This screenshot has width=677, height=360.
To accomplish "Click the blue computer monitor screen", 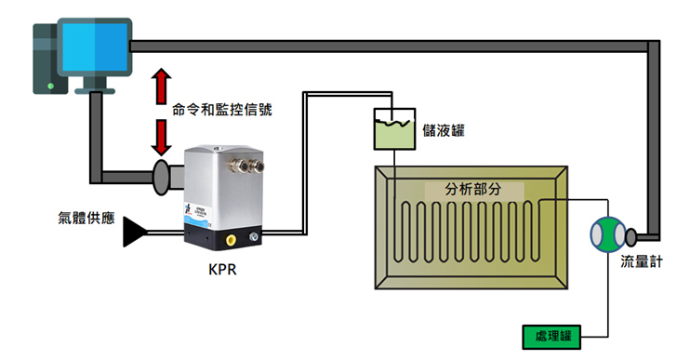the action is (95, 47).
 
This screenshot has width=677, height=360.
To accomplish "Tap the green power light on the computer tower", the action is (50, 87).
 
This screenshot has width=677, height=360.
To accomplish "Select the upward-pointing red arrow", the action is (161, 86).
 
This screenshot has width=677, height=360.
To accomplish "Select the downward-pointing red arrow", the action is (161, 138).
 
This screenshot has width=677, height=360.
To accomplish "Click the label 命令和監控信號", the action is (222, 110).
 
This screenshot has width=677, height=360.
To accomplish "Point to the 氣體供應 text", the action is (86, 218).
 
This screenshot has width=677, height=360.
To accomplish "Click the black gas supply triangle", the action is (134, 232).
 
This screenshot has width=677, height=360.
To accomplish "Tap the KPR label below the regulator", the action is (222, 270).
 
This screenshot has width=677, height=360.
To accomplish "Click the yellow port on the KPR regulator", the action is (231, 239).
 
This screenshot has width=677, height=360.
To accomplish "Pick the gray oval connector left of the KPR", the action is (161, 177).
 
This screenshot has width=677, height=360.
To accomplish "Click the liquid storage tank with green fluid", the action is (394, 129).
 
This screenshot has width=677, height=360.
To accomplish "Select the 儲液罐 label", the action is (444, 130).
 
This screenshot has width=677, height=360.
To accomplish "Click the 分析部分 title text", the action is (473, 189).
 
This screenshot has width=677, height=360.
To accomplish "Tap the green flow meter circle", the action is (608, 234).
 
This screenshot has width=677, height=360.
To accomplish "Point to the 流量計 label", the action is (641, 261).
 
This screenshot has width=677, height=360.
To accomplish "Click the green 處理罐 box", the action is (551, 337).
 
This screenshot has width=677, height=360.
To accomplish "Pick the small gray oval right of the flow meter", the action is (631, 236).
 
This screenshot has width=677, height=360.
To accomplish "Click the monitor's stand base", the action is (95, 91).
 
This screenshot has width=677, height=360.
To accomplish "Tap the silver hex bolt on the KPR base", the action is (254, 236).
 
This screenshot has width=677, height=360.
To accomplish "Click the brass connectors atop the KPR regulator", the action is (245, 167).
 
